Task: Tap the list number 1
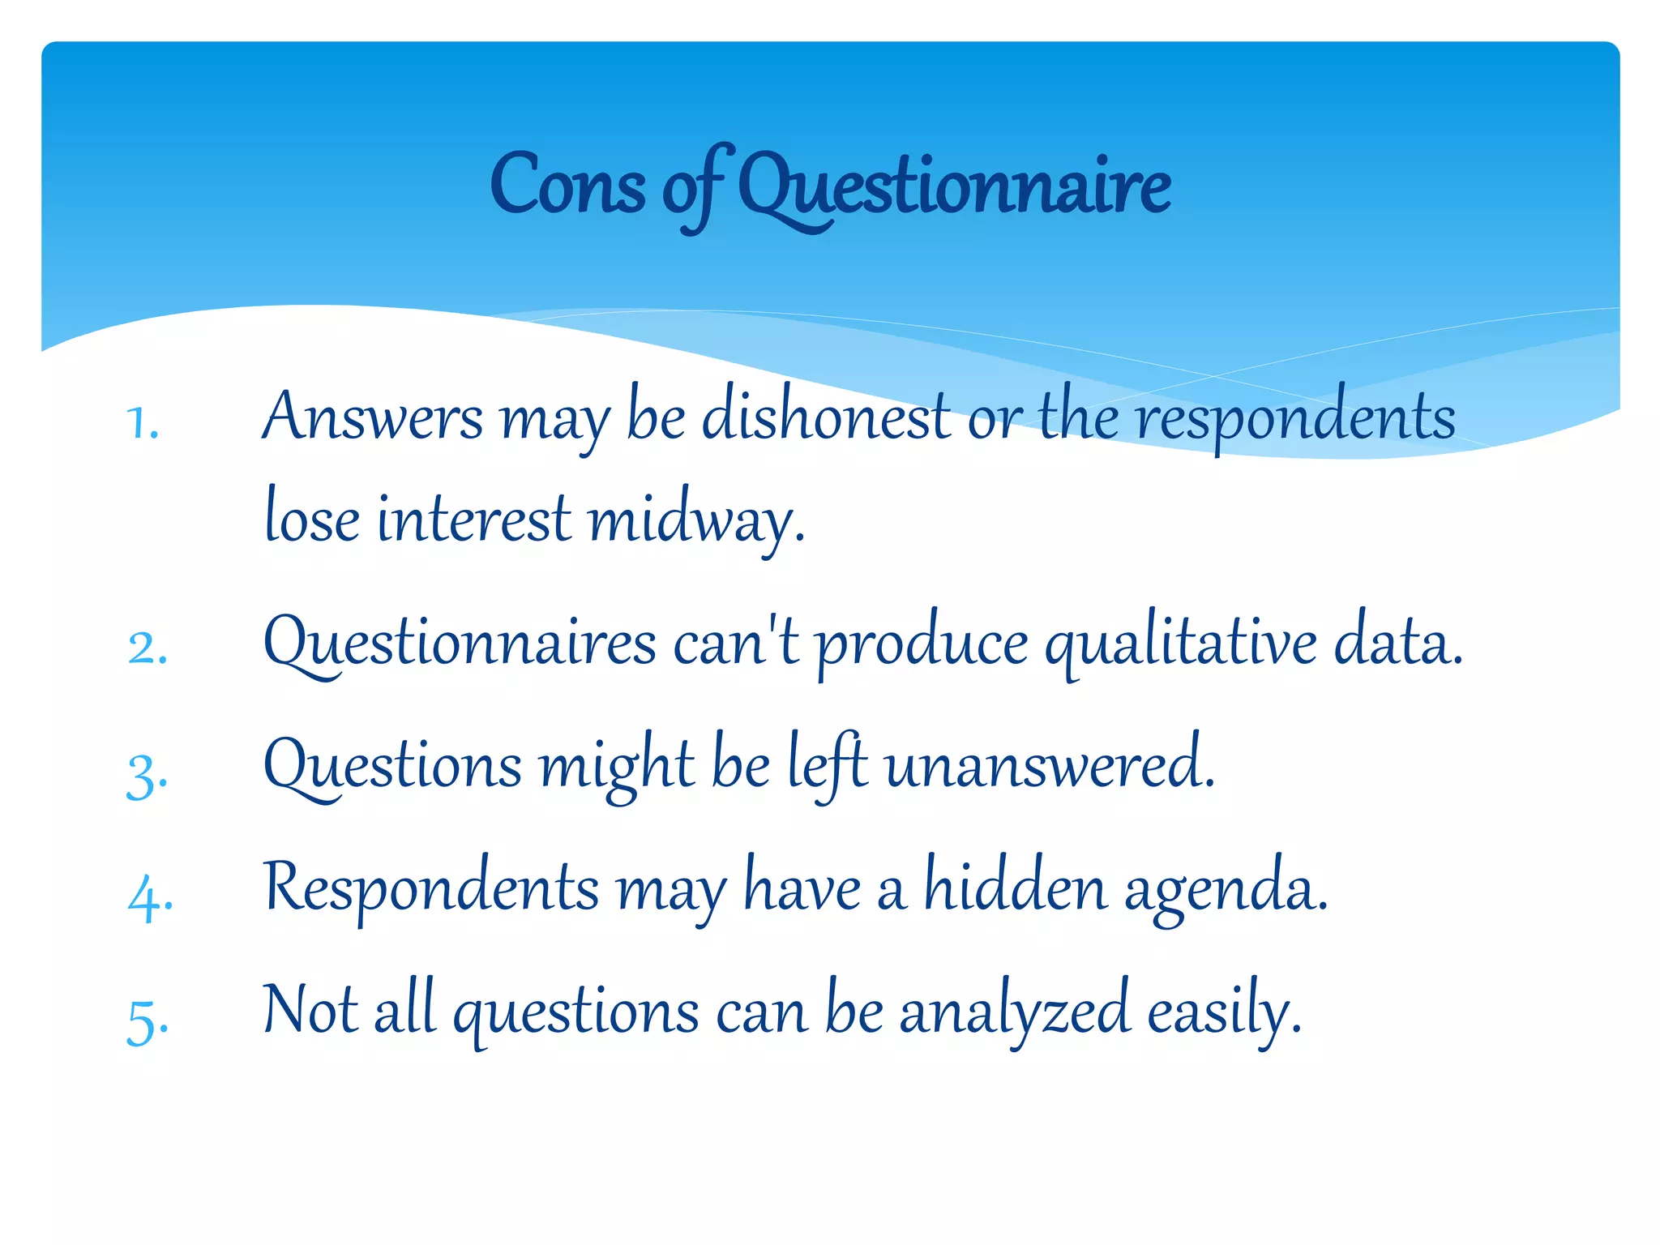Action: (x=143, y=423)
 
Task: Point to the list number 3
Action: (x=148, y=775)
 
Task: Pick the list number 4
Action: (x=150, y=898)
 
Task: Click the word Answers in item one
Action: (x=373, y=417)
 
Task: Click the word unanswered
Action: (x=1050, y=766)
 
